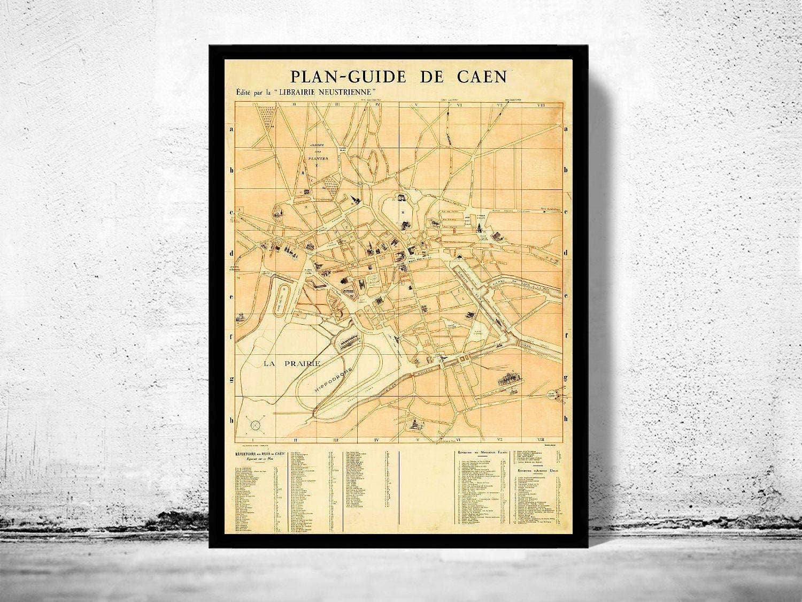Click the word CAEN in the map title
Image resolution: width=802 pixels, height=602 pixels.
(x=482, y=77)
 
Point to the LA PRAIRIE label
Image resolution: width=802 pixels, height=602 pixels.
(x=292, y=363)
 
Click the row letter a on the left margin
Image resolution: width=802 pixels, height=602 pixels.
(x=232, y=129)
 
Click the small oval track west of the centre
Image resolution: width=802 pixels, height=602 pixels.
(x=282, y=298)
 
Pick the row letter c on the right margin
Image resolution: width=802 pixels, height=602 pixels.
(x=566, y=212)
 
